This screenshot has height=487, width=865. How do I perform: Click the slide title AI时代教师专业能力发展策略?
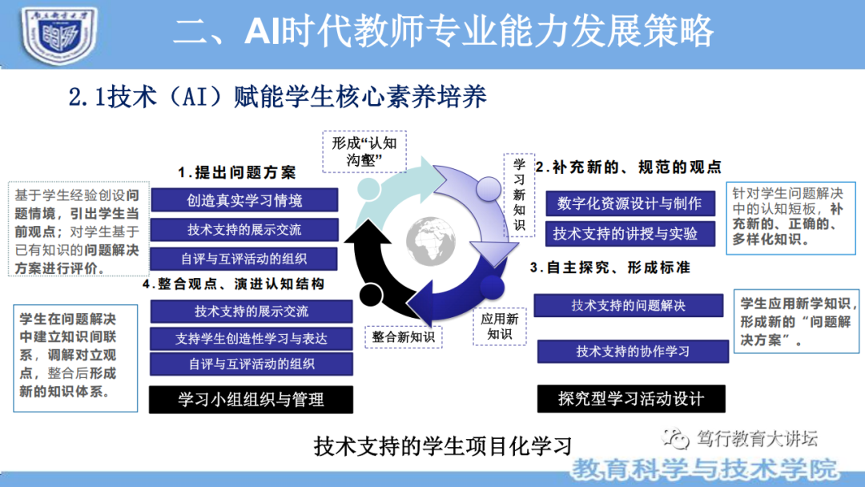point(443,32)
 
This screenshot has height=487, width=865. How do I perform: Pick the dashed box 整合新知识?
point(403,337)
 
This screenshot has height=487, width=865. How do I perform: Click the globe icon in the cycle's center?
point(432,239)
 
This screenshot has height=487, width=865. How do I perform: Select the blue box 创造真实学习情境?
point(244,200)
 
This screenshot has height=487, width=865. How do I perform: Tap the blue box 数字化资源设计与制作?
point(630,203)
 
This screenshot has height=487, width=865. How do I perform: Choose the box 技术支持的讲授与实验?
point(625,234)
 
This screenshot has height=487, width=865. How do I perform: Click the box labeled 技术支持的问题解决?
point(628,305)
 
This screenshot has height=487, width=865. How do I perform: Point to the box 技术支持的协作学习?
point(633,352)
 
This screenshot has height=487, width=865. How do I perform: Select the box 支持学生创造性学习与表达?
point(251,338)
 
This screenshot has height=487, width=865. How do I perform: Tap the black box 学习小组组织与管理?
point(251,399)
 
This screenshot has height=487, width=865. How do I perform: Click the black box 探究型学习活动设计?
point(630,398)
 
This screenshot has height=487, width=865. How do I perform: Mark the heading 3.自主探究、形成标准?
point(610,267)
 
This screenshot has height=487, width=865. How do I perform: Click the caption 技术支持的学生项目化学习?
point(444,446)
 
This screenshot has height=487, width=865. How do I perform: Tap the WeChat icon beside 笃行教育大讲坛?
point(678,439)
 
